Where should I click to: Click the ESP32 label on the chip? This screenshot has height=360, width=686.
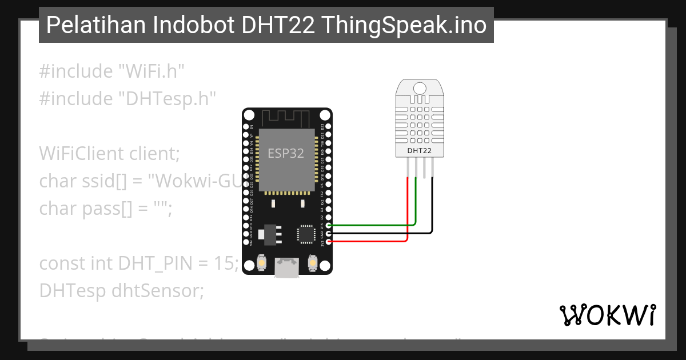pyautogui.click(x=286, y=154)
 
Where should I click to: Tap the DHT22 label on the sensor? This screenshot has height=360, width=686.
pyautogui.click(x=419, y=151)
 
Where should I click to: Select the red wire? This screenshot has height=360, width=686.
pyautogui.click(x=372, y=242)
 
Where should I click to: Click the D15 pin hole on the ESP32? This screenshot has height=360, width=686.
pyautogui.click(x=329, y=226)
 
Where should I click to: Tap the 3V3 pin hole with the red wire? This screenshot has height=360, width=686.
pyautogui.click(x=329, y=242)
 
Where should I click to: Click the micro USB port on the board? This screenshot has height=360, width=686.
pyautogui.click(x=286, y=267)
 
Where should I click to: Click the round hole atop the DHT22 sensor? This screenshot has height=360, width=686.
pyautogui.click(x=419, y=88)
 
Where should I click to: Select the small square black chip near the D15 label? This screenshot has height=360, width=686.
pyautogui.click(x=305, y=234)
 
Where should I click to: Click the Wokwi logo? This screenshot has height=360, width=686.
pyautogui.click(x=607, y=315)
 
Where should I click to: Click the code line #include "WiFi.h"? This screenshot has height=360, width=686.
pyautogui.click(x=112, y=71)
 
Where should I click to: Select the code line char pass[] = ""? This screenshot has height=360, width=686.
pyautogui.click(x=105, y=209)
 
